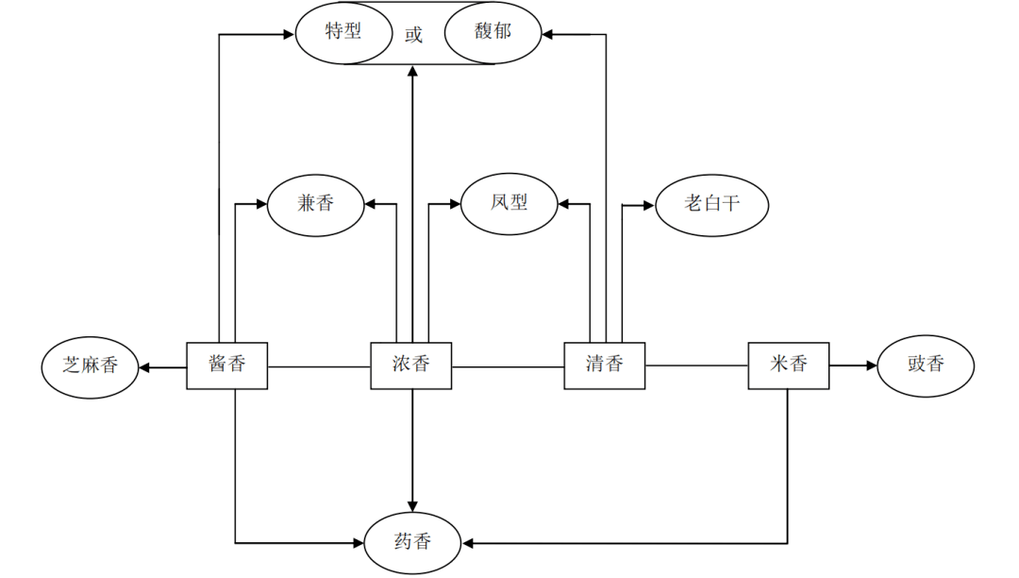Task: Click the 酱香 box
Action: [226, 365]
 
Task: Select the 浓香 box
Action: [410, 365]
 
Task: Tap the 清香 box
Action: [605, 365]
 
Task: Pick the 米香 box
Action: [789, 365]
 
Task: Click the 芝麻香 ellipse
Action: [91, 365]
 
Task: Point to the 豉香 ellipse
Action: [926, 365]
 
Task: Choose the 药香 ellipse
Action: [412, 543]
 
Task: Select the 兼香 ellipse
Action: [316, 203]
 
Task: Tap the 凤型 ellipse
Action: [509, 203]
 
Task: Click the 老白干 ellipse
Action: [712, 203]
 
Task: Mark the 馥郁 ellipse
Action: [493, 32]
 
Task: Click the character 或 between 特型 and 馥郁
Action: [413, 36]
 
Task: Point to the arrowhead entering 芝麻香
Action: [145, 365]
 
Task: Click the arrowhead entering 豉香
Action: [871, 365]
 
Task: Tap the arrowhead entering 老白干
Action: [648, 204]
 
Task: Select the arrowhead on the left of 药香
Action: [359, 543]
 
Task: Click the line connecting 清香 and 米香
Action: [697, 365]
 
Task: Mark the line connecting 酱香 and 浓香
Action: [319, 365]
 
